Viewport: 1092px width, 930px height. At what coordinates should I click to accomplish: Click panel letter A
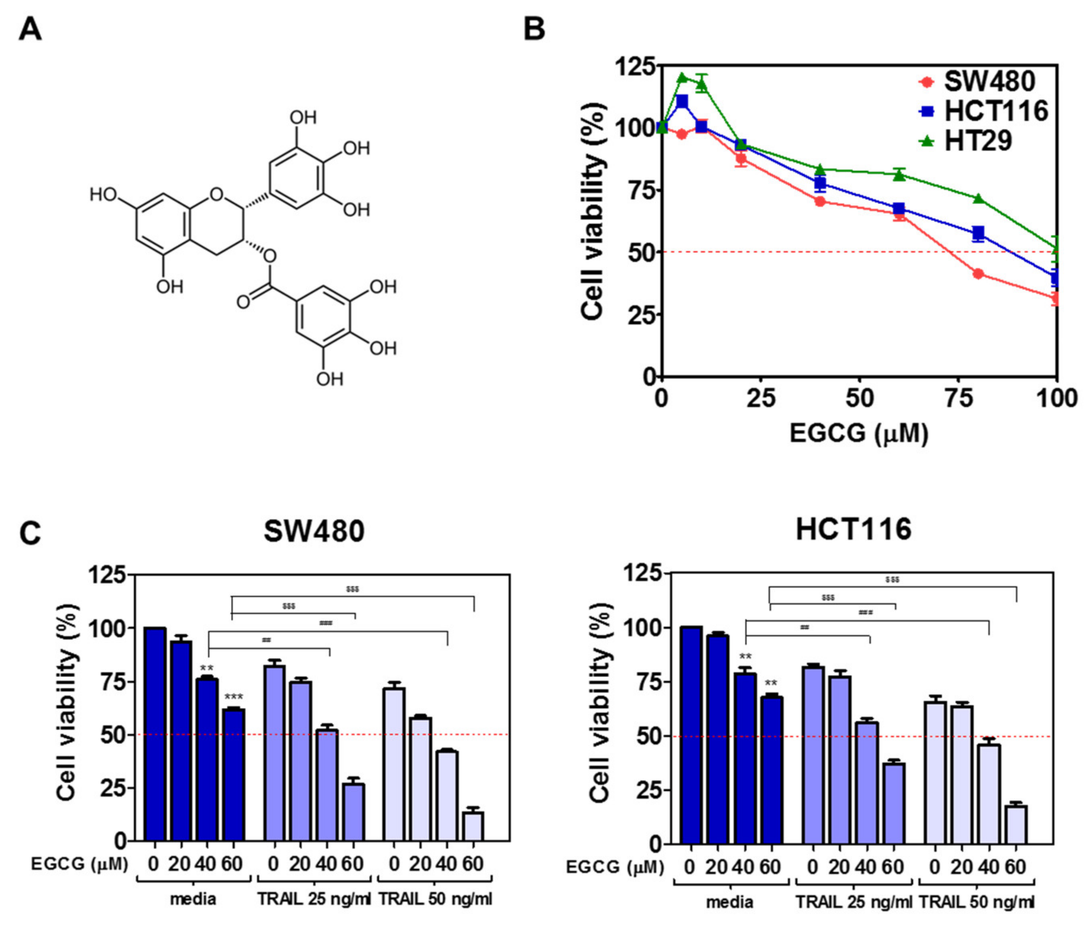pos(30,30)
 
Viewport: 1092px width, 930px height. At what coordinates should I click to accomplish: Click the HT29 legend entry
pos(978,141)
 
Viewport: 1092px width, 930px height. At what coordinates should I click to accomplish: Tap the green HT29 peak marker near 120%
pos(682,77)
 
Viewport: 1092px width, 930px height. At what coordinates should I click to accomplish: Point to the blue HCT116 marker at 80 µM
pos(978,234)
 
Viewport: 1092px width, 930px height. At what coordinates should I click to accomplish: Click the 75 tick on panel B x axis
pos(959,399)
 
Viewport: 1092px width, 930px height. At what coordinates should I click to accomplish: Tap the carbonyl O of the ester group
pos(243,303)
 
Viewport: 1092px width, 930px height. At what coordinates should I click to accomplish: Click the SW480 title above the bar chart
pos(314,531)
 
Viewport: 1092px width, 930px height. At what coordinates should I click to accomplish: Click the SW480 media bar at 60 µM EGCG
pos(234,775)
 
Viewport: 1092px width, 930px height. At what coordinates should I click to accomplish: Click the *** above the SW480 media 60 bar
pos(234,698)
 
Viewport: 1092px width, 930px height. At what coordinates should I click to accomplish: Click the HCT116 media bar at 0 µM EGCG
pos(691,736)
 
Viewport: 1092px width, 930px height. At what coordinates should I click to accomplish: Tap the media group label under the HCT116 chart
pos(729,903)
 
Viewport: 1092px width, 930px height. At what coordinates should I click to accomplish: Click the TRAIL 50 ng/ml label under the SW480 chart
pos(435,899)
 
